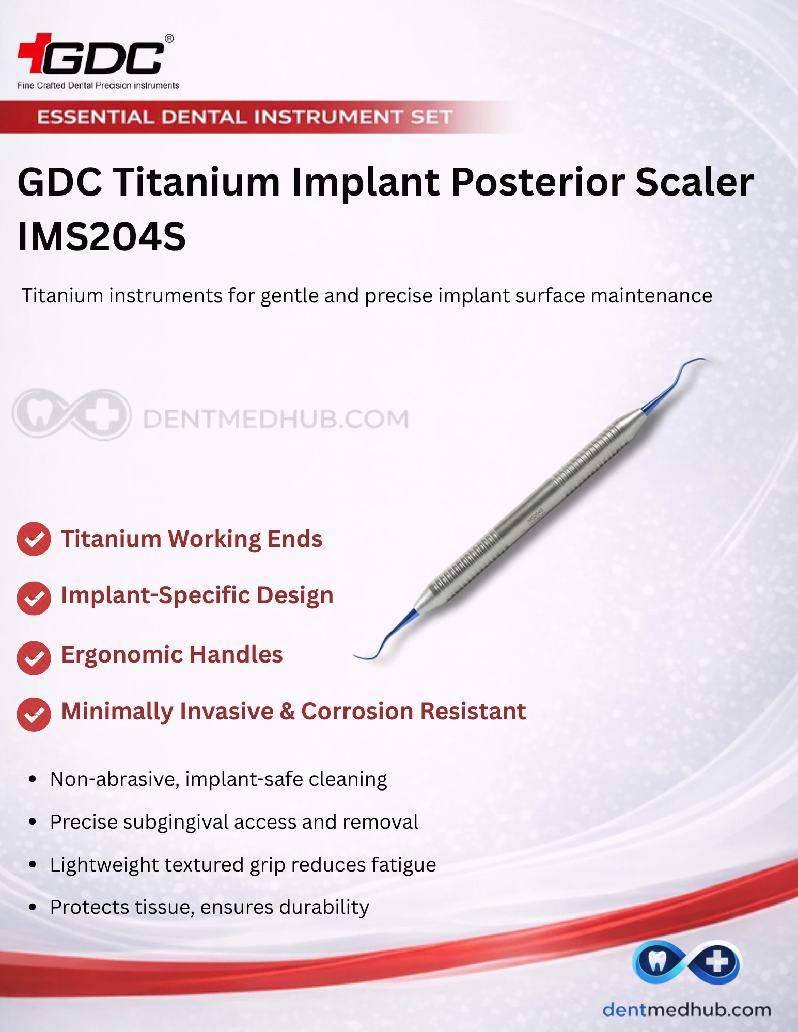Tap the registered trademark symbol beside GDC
pyautogui.click(x=169, y=39)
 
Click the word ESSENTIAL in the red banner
pyautogui.click(x=96, y=117)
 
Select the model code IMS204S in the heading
pyautogui.click(x=102, y=237)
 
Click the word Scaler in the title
pyautogui.click(x=695, y=182)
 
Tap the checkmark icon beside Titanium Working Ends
pyautogui.click(x=34, y=539)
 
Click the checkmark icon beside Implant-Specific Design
pyautogui.click(x=34, y=598)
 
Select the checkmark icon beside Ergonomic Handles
pyautogui.click(x=34, y=658)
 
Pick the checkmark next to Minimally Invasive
pyautogui.click(x=34, y=715)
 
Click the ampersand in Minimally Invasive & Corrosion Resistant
pyautogui.click(x=287, y=712)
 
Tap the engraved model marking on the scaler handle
pyautogui.click(x=535, y=515)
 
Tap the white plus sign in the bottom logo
pyautogui.click(x=717, y=962)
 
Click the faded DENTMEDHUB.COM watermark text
pyautogui.click(x=276, y=419)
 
